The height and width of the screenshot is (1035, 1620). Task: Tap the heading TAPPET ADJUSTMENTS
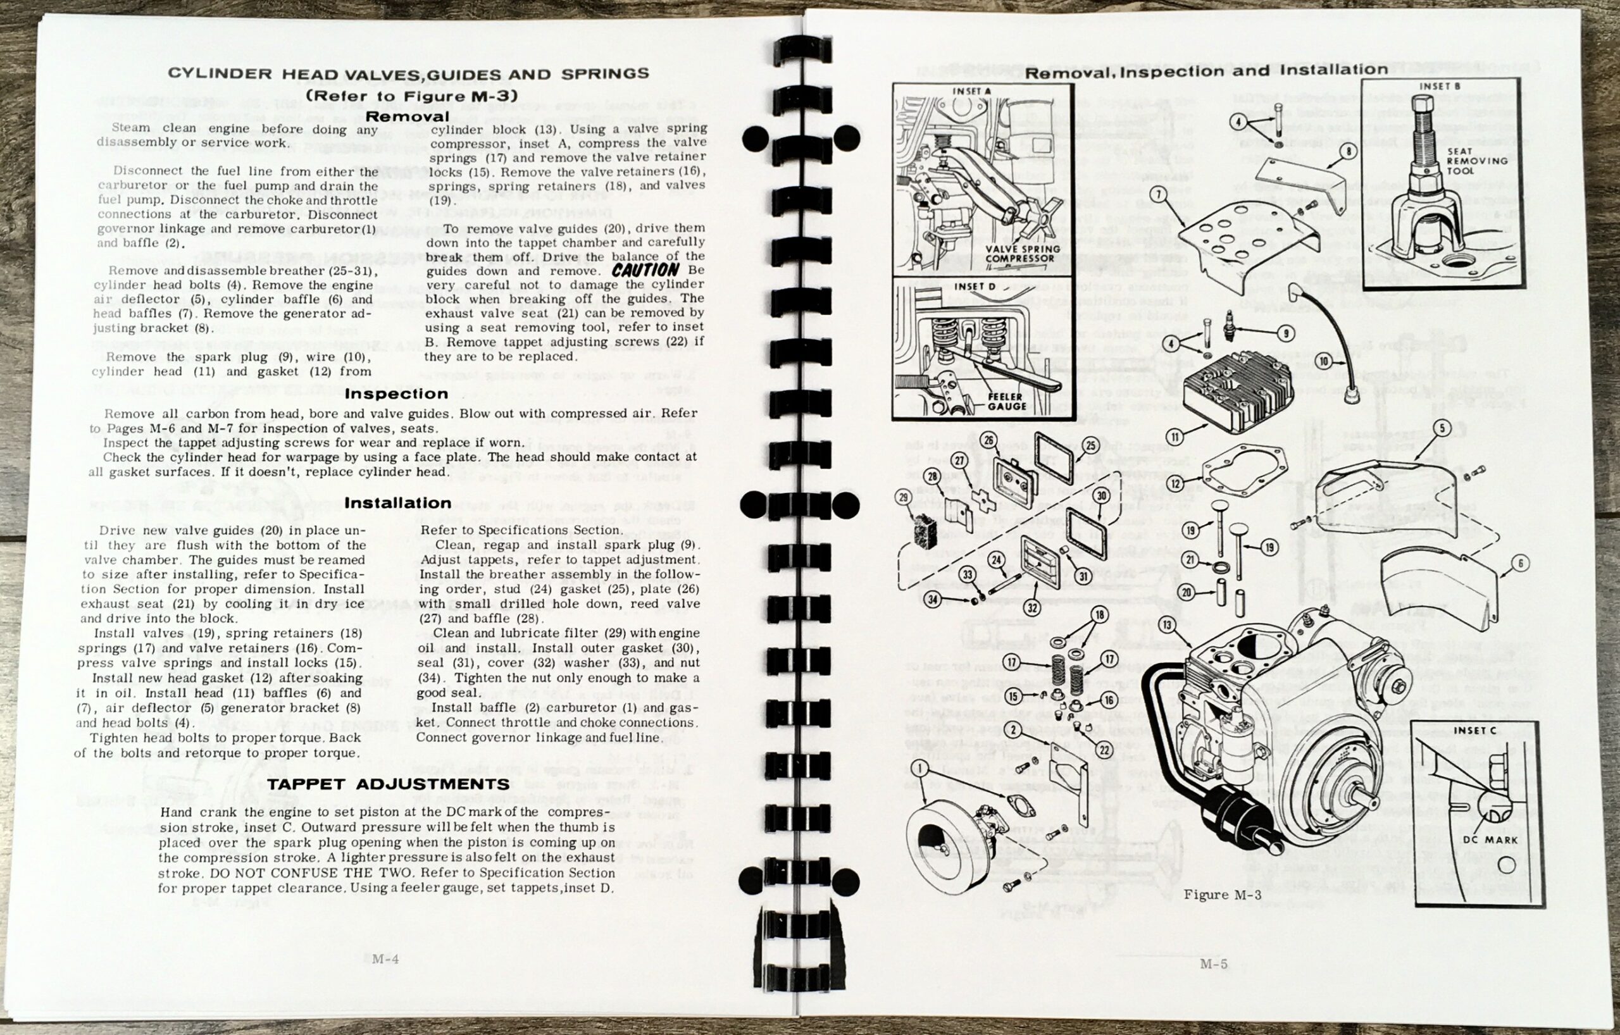click(x=388, y=784)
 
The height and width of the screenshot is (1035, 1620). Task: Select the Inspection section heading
click(x=396, y=394)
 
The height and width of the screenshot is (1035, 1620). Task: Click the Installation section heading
click(x=397, y=503)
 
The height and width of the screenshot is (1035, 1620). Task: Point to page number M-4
click(x=385, y=959)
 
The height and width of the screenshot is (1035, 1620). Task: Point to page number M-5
click(x=1214, y=964)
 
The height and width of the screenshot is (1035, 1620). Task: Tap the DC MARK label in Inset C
click(x=1494, y=840)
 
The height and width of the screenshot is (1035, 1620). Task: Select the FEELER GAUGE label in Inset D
click(x=1006, y=402)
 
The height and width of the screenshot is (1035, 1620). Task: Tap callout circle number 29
click(x=904, y=498)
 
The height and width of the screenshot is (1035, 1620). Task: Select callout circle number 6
click(x=1520, y=564)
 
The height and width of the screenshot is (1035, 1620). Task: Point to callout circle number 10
click(x=1323, y=362)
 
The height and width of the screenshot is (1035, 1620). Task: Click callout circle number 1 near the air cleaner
click(x=918, y=766)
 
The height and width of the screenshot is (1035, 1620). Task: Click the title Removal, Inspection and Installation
click(x=1206, y=70)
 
